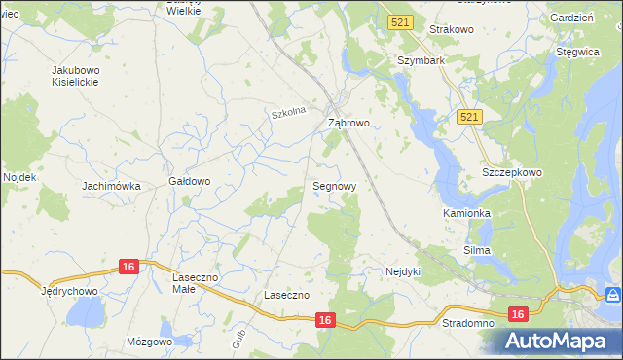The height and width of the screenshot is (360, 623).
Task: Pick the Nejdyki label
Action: tap(402, 271)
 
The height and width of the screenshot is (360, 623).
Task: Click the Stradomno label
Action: tap(467, 322)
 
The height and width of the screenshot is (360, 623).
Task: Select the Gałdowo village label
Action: tap(190, 181)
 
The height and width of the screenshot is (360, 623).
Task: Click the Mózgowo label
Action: tap(149, 342)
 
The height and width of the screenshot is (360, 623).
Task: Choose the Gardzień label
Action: tap(571, 18)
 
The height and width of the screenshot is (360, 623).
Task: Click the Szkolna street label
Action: tap(289, 113)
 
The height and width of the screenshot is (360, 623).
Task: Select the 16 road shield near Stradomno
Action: tap(517, 313)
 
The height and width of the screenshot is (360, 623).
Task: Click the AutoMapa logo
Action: tap(559, 342)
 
